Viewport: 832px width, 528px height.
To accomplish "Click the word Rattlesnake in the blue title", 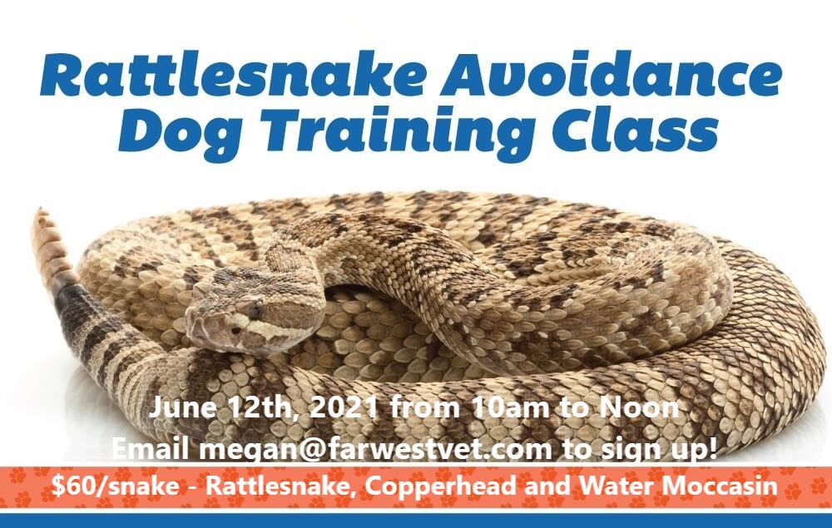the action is [232, 75].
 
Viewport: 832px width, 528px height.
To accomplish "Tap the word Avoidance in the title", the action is [612, 75].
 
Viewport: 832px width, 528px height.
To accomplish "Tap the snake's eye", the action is [255, 309].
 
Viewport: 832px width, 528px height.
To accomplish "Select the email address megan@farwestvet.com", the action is [376, 449].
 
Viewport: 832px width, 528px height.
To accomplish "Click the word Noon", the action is [639, 407].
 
